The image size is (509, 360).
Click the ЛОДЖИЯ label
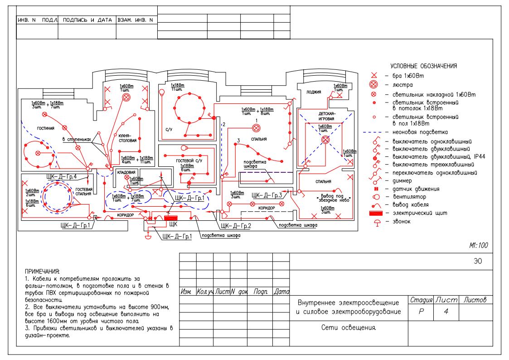tap(314, 92)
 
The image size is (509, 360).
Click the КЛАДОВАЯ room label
tap(126, 173)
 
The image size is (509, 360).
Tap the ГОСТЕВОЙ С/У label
tap(190, 161)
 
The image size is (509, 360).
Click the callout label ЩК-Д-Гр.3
tap(267, 195)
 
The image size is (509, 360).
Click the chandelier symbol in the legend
tap(373, 84)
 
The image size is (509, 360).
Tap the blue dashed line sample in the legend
tap(374, 132)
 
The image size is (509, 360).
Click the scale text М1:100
tap(478, 245)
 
